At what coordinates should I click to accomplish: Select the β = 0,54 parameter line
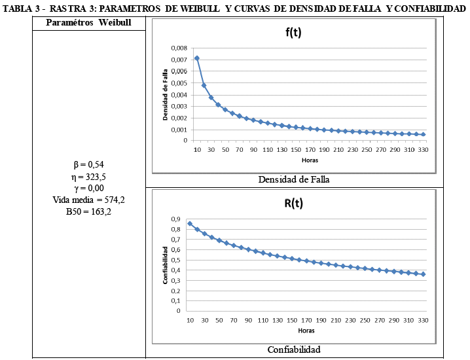[89, 164]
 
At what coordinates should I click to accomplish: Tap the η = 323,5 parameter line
[89, 176]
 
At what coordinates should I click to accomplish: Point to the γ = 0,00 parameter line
[89, 188]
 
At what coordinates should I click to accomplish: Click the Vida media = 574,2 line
[89, 200]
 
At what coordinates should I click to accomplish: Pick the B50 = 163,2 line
[89, 211]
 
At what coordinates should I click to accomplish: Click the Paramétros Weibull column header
[89, 23]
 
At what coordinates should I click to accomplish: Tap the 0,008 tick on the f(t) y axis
[178, 48]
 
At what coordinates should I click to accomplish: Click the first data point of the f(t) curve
[197, 58]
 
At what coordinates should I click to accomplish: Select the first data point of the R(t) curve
[190, 224]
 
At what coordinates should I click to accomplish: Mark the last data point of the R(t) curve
[424, 274]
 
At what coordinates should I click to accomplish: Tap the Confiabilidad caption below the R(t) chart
[294, 350]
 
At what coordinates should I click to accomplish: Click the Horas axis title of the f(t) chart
[310, 159]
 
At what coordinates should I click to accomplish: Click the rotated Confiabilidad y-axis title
[166, 264]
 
